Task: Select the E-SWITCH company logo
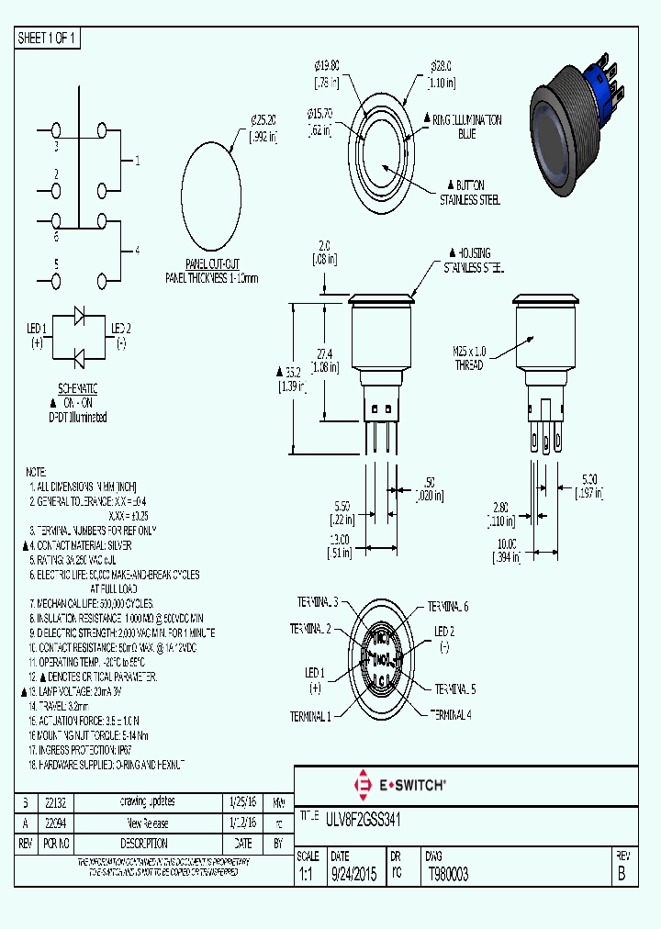(399, 785)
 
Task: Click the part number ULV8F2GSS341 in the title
(361, 817)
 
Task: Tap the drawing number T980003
(448, 875)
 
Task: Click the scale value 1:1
(307, 875)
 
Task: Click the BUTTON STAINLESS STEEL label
(469, 193)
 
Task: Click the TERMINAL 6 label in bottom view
(448, 607)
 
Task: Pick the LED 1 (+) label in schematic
(36, 334)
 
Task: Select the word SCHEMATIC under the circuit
(77, 389)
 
